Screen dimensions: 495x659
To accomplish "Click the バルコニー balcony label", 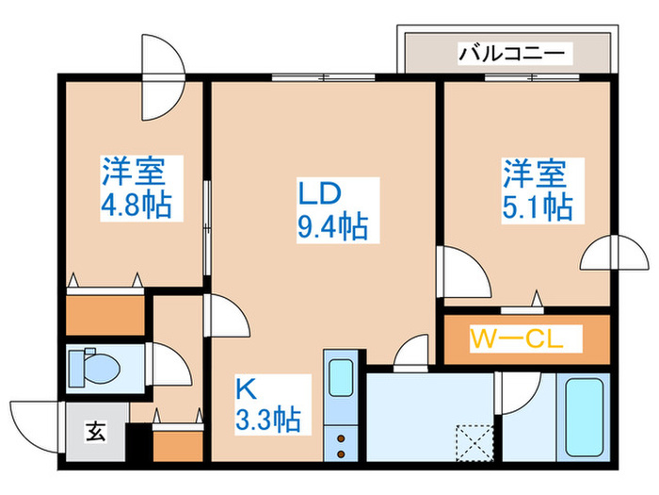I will pos(513,52).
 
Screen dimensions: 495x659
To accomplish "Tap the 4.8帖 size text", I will pos(134,206).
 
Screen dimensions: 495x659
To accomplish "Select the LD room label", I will pos(320,194).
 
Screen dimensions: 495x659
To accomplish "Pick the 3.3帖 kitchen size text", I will pos(268,418).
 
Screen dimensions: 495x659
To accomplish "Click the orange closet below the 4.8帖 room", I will pos(104,314).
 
